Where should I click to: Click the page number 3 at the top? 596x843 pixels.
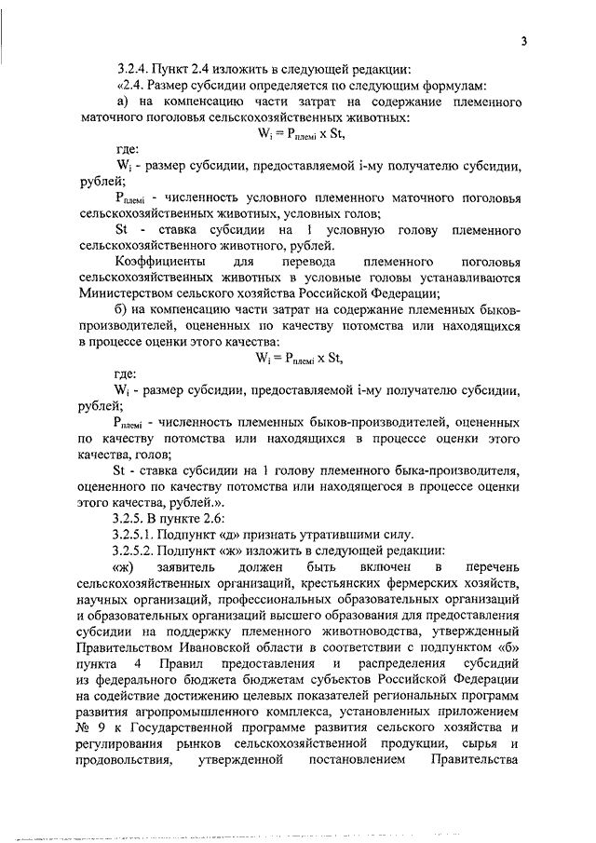click(x=524, y=40)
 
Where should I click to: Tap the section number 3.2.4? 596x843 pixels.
click(x=132, y=70)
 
